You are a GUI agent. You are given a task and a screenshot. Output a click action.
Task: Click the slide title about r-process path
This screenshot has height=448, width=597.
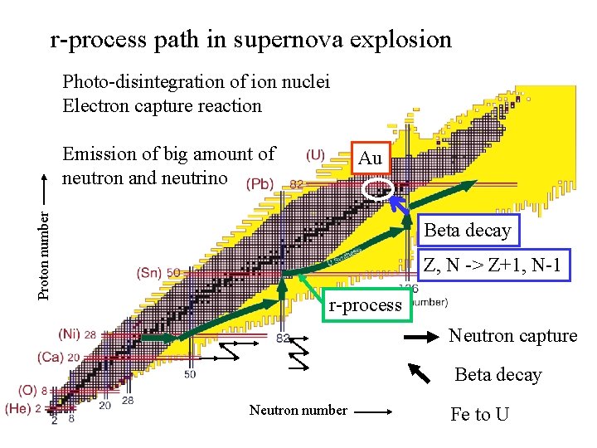[x=250, y=39]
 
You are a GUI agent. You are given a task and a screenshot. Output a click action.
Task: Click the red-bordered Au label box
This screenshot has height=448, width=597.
[x=370, y=158]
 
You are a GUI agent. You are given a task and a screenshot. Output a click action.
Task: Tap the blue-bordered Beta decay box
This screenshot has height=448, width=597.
[x=468, y=231]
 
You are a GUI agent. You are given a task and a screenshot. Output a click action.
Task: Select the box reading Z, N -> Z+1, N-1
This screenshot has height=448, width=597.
[x=495, y=266]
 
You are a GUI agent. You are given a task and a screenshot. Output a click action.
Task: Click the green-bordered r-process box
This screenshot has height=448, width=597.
[x=365, y=304]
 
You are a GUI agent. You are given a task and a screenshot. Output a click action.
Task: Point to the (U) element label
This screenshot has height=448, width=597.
[x=315, y=154]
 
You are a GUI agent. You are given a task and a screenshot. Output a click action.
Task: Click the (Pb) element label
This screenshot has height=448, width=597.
[x=259, y=184]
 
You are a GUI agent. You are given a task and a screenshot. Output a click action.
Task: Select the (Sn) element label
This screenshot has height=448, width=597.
[x=149, y=272]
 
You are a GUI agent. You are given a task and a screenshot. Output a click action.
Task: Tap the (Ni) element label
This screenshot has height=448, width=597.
[x=70, y=334]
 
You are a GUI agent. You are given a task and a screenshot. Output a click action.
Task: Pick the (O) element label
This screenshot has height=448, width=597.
[x=27, y=390]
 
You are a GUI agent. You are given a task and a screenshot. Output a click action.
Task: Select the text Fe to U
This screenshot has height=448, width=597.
[x=480, y=414]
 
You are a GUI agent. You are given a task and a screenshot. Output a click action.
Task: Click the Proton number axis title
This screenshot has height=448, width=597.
[x=49, y=253]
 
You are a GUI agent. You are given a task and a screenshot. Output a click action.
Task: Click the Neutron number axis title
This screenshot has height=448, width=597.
[x=298, y=409]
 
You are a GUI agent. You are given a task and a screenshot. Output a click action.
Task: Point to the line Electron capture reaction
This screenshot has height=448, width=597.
[x=162, y=105]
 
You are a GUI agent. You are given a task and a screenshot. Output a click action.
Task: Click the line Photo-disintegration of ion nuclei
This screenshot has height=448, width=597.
[x=196, y=81]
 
